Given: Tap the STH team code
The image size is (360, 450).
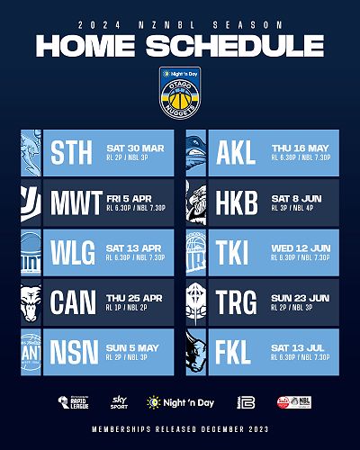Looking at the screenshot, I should [x=72, y=153].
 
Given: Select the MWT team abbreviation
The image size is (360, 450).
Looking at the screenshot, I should [x=76, y=202].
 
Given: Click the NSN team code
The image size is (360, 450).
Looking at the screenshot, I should [x=73, y=350].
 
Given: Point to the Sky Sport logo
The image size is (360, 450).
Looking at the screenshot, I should [x=118, y=400].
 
